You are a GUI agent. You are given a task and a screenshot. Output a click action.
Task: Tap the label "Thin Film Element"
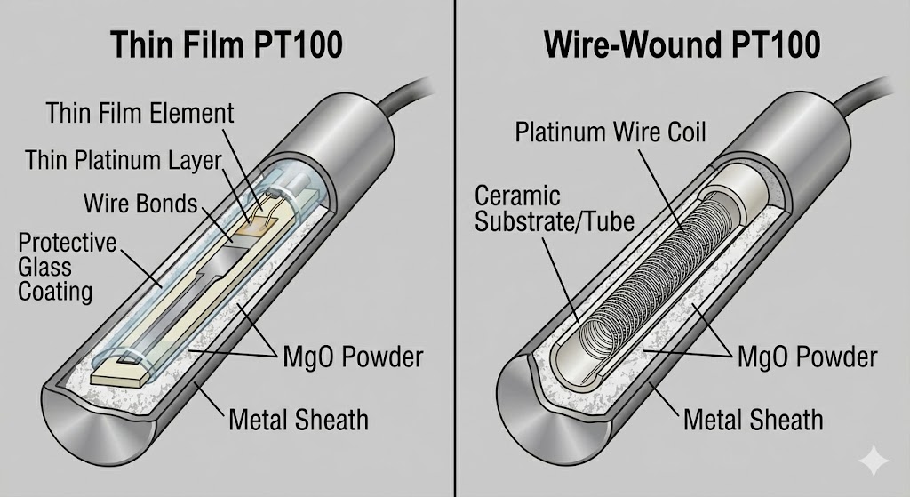(140, 113)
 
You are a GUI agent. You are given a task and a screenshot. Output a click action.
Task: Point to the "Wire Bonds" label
(140, 203)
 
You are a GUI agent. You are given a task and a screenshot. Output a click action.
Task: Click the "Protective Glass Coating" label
(68, 267)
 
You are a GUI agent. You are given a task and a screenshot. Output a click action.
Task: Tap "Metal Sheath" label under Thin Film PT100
(299, 418)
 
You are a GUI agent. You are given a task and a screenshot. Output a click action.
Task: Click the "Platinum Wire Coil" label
(611, 132)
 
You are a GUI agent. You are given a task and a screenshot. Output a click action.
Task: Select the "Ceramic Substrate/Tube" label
(555, 208)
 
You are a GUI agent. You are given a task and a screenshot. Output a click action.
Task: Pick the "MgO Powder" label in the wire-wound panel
(807, 357)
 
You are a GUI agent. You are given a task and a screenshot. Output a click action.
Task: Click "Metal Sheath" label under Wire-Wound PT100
(754, 418)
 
